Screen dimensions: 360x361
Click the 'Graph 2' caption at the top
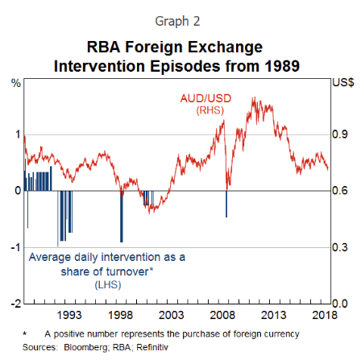[x=180, y=17]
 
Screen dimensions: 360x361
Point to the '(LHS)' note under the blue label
[x=106, y=285]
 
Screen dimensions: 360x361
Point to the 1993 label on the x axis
[x=68, y=314]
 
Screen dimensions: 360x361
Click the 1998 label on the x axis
[x=121, y=314]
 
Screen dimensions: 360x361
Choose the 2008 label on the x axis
[x=226, y=314]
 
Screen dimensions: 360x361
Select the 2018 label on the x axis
[x=324, y=314]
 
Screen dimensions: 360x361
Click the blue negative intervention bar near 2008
[x=226, y=203]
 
